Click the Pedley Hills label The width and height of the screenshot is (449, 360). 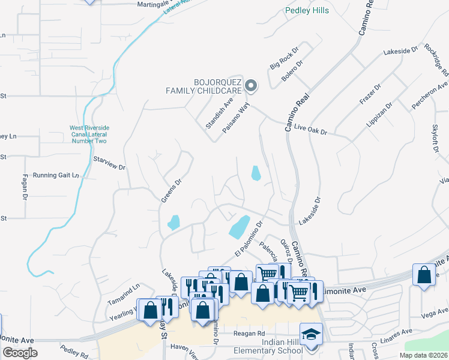(307, 10)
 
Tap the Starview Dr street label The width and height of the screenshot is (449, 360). (110, 163)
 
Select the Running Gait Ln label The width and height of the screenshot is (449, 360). (56, 175)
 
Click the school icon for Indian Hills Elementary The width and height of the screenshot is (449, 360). (311, 333)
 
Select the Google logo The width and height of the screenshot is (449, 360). (20, 353)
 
